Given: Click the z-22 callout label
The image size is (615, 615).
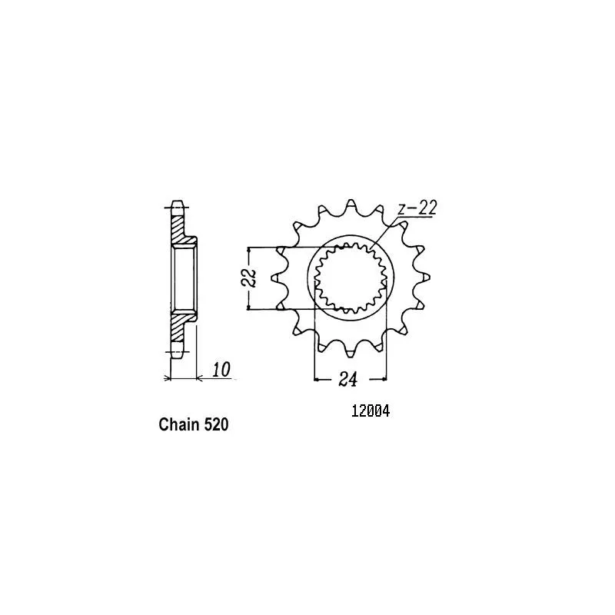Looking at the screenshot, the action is [x=417, y=208].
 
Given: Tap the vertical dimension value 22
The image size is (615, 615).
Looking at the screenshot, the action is [x=249, y=278].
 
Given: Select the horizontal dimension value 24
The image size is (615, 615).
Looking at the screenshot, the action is [x=348, y=379].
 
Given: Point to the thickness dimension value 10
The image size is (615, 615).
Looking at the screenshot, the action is [x=221, y=370].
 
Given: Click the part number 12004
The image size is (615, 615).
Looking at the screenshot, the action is [x=371, y=411].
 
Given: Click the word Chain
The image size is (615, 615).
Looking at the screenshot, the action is [x=179, y=424].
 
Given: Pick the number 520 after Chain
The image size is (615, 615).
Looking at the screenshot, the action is [x=216, y=424].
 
